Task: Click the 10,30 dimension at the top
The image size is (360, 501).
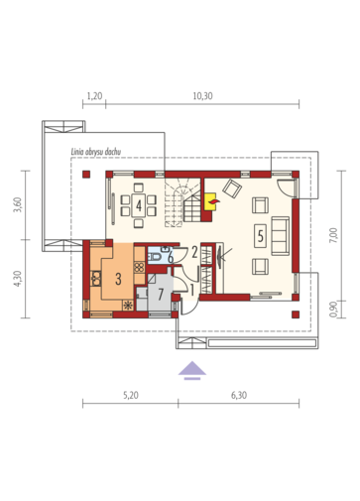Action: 202,96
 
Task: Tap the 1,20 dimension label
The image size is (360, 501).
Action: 94,96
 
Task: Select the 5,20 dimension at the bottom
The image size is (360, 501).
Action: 131,395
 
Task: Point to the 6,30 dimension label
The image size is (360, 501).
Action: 239,395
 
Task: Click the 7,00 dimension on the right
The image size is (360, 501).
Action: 333,235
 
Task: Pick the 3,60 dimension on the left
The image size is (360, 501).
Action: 18,204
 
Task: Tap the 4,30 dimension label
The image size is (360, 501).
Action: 18,279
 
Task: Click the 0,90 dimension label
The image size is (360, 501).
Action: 333,310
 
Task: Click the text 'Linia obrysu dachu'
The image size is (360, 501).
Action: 96,152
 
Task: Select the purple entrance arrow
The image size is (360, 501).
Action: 192,370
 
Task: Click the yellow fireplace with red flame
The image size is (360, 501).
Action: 210,201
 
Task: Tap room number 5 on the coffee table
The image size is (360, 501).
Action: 261,236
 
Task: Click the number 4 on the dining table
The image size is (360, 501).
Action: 139,205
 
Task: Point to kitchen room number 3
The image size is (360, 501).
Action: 118,279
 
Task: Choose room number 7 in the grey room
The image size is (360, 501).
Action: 161,294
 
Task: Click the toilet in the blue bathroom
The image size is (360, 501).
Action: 155,256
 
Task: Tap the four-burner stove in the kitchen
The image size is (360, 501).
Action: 139,267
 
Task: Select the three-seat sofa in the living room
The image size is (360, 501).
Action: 281,236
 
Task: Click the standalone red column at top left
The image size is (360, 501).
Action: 86,175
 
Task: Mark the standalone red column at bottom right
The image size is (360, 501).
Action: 296,314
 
